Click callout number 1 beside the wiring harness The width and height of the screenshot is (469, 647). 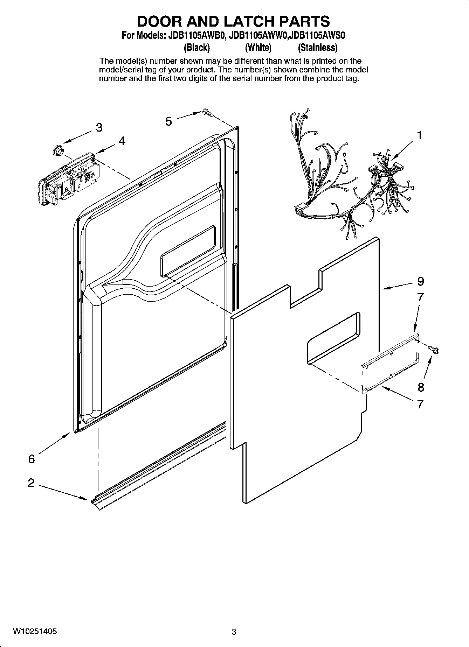(419, 135)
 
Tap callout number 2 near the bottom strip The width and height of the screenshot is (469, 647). (31, 483)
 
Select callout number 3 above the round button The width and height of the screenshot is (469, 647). (99, 128)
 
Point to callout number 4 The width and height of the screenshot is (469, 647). (122, 141)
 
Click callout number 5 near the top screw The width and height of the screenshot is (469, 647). (169, 121)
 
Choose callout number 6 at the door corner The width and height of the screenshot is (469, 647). (32, 459)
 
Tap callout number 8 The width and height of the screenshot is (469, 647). (420, 387)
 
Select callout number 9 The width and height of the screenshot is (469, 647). (420, 281)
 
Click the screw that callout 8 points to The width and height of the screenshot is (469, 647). (434, 349)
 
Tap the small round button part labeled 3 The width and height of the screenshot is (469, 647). (57, 151)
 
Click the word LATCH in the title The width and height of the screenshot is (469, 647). (249, 21)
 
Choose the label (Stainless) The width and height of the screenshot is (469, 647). (317, 47)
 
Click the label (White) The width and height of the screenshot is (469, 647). (258, 47)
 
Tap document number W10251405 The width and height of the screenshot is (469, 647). (35, 632)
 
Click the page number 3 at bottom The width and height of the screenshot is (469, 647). (234, 632)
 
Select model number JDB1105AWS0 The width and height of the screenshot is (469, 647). (318, 36)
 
